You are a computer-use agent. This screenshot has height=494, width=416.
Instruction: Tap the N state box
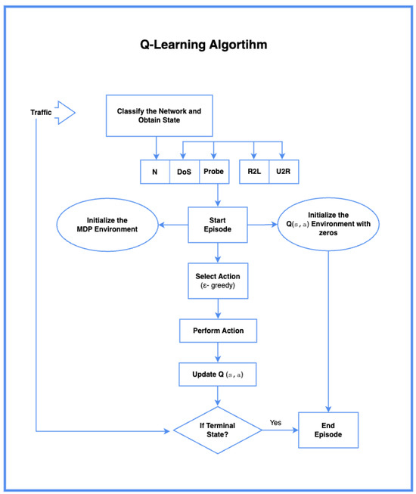pos(154,172)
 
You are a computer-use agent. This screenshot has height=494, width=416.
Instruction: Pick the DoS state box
pos(184,172)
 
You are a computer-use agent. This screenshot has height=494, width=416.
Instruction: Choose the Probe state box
pos(214,172)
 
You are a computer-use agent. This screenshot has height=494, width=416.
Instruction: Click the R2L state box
pos(254,172)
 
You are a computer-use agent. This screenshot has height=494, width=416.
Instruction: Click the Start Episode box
pos(218,225)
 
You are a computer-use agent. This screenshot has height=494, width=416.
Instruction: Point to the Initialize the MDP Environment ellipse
pos(107,225)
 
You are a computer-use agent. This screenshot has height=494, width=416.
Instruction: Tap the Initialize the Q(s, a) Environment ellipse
pos(328,225)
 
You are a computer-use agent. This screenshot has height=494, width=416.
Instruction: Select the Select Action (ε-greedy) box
pos(218,281)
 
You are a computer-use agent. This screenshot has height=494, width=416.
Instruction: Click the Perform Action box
pos(218,331)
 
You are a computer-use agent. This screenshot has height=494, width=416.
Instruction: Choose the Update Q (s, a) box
pos(218,374)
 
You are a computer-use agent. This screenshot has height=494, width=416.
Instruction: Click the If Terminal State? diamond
pos(218,431)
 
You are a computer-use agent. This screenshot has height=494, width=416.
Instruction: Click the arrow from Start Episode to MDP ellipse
pos(172,225)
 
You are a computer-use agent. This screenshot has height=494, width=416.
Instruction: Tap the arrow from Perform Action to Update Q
pos(218,352)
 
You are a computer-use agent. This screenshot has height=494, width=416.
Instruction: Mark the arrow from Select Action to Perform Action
pos(218,309)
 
